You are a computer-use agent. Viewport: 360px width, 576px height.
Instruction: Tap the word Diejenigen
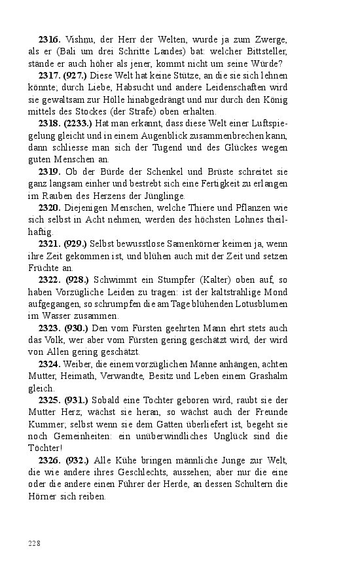coord(89,207)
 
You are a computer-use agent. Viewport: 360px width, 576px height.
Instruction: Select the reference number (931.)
coord(76,399)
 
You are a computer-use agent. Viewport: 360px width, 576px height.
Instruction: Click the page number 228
coord(35,543)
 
